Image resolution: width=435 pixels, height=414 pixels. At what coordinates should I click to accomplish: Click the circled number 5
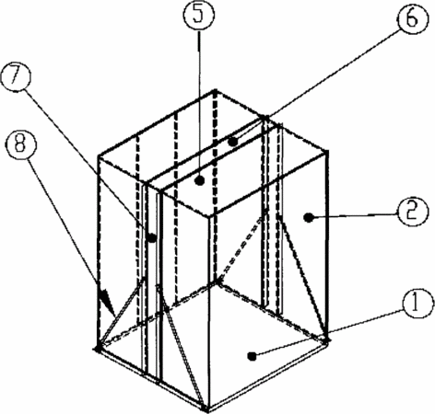pos(199,15)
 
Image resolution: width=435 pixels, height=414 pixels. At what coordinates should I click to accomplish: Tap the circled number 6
pos(412,17)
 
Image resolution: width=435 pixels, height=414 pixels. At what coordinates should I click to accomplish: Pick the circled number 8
pos(20,144)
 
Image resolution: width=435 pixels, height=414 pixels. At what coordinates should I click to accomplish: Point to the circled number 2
pos(412,212)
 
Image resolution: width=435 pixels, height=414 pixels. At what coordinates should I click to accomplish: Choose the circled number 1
pos(417,303)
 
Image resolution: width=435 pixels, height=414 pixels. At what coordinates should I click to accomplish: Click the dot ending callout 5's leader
pos(200,181)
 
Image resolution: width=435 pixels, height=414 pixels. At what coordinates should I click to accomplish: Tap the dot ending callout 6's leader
pos(233,142)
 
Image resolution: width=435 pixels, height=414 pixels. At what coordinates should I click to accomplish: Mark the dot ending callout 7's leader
pos(152,237)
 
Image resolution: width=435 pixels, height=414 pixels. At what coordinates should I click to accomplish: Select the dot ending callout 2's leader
pos(309,218)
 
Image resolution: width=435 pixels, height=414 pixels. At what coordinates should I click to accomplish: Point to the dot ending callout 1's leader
pos(253,356)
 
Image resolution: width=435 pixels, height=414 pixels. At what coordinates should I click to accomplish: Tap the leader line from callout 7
pos(88,164)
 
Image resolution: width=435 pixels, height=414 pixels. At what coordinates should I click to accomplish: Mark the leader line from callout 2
pos(353,216)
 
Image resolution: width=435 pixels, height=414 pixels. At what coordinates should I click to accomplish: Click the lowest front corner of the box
pos(206,409)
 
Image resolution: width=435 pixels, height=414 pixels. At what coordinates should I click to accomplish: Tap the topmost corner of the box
pos(215,91)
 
